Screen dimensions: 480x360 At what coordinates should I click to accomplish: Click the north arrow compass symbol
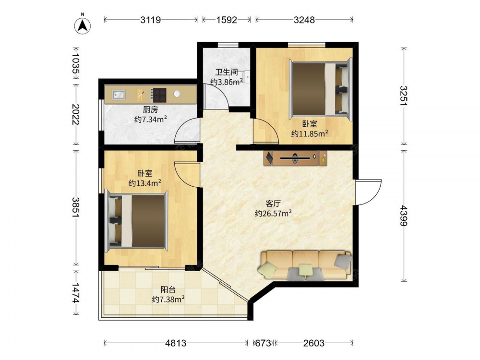click(x=83, y=26)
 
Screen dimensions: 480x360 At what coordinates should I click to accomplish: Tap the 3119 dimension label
click(x=151, y=20)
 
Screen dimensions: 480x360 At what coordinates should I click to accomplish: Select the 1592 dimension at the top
click(x=227, y=20)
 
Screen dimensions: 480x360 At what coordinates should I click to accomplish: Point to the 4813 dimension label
click(x=176, y=343)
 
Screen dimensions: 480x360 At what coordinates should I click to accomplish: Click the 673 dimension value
click(x=263, y=343)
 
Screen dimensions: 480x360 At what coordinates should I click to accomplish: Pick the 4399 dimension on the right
click(x=404, y=216)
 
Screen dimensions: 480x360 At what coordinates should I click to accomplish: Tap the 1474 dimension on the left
click(x=76, y=293)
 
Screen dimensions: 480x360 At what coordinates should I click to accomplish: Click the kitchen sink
click(x=119, y=95)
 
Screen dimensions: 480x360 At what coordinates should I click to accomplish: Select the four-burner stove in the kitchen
click(x=159, y=95)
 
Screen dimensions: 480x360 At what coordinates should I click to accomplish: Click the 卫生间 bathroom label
click(x=227, y=72)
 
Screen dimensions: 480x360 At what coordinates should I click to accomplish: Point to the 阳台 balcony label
click(x=168, y=289)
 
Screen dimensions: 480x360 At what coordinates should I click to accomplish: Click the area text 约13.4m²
click(x=145, y=183)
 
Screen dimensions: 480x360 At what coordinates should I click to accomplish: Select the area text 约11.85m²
click(x=310, y=133)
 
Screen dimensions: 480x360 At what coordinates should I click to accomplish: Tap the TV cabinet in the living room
click(x=295, y=158)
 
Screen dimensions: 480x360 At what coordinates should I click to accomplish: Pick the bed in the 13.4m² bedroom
click(x=136, y=221)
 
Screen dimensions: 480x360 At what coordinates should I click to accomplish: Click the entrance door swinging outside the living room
click(x=369, y=192)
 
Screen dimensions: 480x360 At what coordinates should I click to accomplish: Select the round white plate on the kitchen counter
click(x=177, y=94)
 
